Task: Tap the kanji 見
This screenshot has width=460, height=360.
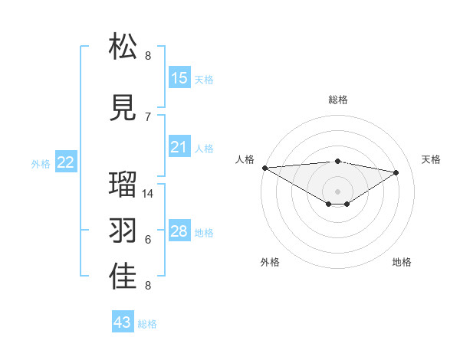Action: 123,107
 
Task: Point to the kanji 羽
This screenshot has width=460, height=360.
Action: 123,231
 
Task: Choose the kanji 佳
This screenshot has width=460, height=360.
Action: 123,277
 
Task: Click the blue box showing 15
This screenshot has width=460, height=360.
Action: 179,77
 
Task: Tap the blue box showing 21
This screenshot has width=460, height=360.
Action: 179,147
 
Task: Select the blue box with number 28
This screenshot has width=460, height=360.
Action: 179,231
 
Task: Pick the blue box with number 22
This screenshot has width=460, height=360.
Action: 66,162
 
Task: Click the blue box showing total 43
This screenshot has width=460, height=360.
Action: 123,322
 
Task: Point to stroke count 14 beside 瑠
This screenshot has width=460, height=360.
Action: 148,194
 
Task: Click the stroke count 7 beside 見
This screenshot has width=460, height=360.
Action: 148,116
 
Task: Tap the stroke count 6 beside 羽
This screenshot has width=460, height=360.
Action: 148,240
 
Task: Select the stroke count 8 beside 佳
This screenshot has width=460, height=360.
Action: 148,286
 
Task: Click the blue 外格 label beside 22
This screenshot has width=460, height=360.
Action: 41,163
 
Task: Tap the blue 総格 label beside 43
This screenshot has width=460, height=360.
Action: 147,324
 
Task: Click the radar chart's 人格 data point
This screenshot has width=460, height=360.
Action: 264,168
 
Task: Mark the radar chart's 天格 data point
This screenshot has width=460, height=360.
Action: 396,172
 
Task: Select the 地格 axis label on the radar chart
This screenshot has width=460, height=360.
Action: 402,262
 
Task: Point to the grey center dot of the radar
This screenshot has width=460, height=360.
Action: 337,190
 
